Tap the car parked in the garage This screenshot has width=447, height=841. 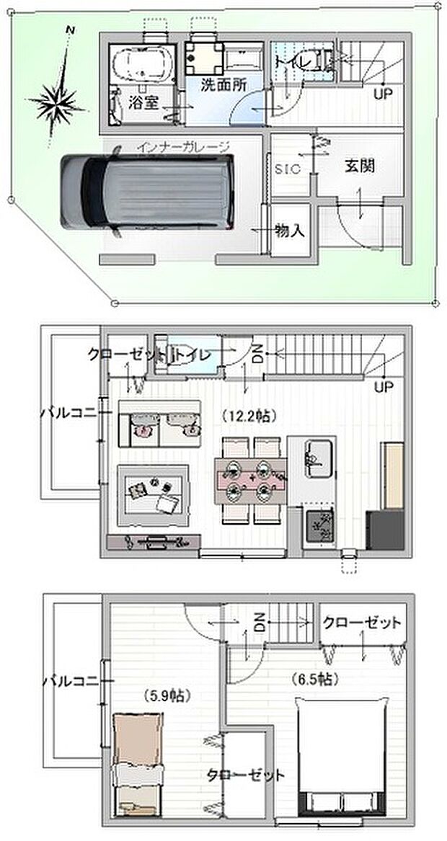point(148,192)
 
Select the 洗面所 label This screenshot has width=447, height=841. point(223,84)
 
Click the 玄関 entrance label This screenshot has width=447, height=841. point(359,166)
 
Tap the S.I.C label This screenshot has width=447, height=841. point(287,169)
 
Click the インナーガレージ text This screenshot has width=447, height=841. point(192,147)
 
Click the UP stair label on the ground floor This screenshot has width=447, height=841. point(382,94)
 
